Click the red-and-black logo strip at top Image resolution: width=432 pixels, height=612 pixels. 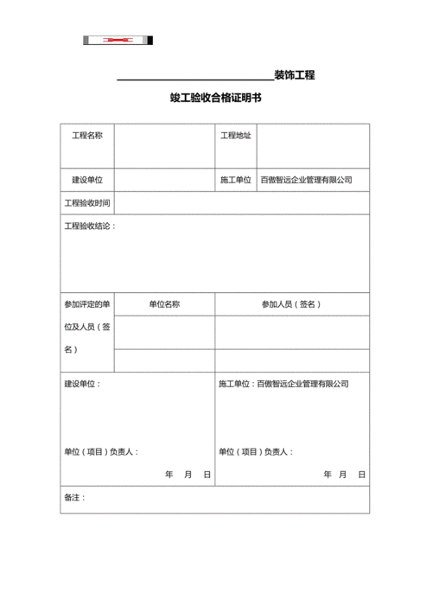coord(118,40)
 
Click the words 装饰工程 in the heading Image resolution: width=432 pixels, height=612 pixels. coord(294,75)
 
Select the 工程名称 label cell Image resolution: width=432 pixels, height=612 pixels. coord(87,136)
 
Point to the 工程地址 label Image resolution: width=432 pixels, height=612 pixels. coord(236,136)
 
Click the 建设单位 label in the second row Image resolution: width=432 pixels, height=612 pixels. coord(87,180)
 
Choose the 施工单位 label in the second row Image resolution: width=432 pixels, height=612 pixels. coord(236,180)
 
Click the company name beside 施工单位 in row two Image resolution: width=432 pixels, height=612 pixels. coord(307,180)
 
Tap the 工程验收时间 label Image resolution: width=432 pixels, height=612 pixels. coord(87,203)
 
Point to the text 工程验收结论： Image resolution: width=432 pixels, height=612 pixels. coord(90,226)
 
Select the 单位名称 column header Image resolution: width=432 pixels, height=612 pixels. coord(164,304)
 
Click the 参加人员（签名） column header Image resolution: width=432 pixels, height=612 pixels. coord(292,304)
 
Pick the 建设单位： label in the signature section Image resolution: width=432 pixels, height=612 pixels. coord(82,383)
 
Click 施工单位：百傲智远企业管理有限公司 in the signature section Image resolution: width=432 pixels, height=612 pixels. coord(283,383)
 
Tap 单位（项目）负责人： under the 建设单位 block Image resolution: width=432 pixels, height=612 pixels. coord(101,451)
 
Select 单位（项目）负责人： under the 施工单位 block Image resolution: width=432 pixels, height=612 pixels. coord(256,451)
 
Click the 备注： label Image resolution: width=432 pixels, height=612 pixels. coord(75,498)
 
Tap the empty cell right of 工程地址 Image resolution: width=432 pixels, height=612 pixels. coord(313,145)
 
